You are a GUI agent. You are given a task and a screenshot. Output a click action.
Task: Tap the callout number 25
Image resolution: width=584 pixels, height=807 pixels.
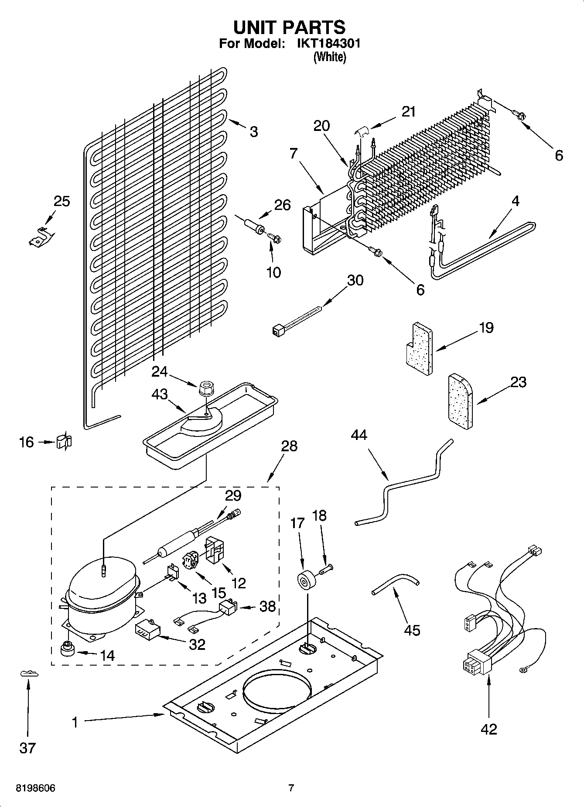(x=61, y=201)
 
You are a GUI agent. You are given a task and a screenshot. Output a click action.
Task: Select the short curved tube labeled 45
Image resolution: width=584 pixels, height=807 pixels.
(x=395, y=584)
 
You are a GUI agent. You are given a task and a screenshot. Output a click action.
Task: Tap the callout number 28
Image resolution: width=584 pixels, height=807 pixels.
(x=289, y=446)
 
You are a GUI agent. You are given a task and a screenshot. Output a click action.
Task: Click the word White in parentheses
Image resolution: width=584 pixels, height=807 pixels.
(x=330, y=57)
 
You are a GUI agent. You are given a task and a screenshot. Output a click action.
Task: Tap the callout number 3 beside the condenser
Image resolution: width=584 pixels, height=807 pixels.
(x=254, y=131)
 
